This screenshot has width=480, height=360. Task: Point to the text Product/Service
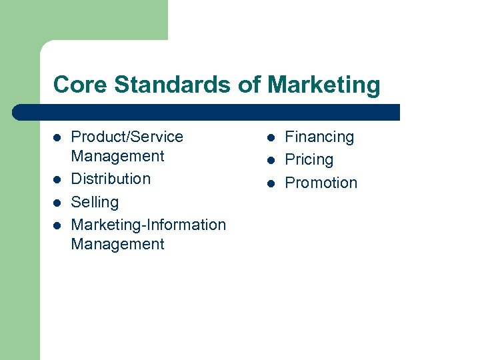(x=127, y=137)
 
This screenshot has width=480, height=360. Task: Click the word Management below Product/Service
(x=117, y=156)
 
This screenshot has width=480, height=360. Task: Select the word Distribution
(x=111, y=179)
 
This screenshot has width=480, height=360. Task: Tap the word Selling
(x=95, y=202)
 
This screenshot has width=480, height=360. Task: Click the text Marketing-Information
(x=148, y=225)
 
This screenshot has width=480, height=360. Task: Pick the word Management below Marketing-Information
(x=117, y=244)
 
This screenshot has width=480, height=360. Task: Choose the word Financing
(x=319, y=137)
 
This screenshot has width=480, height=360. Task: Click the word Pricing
(x=309, y=160)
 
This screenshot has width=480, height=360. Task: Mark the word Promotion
(x=321, y=183)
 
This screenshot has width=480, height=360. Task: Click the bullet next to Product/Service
(x=57, y=138)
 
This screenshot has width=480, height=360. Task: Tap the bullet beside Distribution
(x=57, y=179)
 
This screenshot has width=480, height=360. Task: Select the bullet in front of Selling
(x=57, y=203)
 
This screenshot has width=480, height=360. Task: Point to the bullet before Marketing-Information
(x=57, y=225)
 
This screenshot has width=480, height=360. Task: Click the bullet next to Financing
(x=271, y=138)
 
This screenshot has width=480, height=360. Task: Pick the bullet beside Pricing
(x=271, y=161)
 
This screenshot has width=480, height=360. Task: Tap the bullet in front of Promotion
(x=271, y=183)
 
